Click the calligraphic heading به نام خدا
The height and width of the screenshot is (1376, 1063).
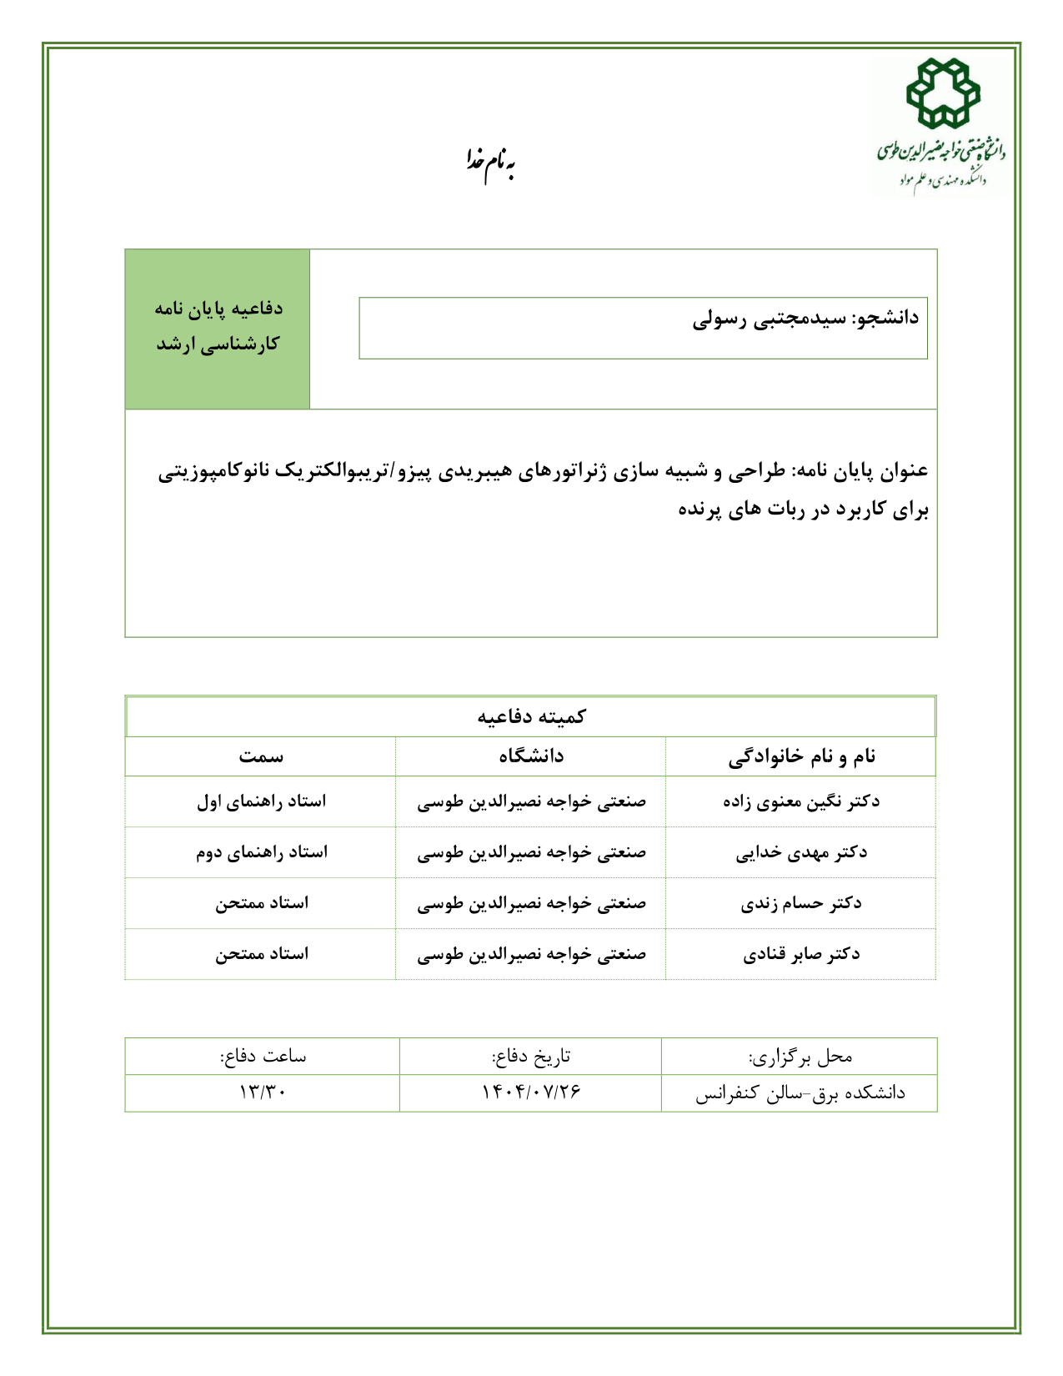pos(490,164)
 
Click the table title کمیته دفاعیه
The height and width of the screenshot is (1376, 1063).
pos(531,716)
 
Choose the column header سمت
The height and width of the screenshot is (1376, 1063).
pos(261,756)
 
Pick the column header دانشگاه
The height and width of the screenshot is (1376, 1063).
pos(531,756)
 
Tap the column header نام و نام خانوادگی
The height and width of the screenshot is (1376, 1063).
pos(801,756)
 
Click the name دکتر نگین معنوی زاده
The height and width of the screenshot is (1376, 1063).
pos(801,801)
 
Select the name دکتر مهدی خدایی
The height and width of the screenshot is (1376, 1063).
pos(801,852)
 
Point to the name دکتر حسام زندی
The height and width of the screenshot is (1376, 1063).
pos(801,903)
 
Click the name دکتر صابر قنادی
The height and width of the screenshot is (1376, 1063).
pos(801,954)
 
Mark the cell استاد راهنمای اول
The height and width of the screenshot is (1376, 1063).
pos(261,801)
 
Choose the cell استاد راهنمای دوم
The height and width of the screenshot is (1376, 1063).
pos(261,852)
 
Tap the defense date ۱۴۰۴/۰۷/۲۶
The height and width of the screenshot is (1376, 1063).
pos(531,1092)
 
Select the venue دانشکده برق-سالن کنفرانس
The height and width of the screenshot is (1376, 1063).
pos(800,1092)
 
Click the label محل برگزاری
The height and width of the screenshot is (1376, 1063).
pos(800,1057)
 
